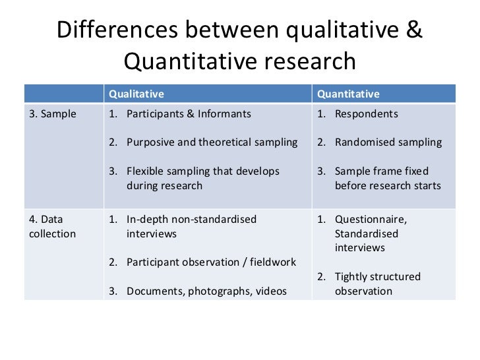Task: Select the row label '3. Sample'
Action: [x=53, y=113]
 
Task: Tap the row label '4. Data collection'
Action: [x=52, y=226]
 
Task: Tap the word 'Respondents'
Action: [x=366, y=113]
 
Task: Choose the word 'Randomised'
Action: [x=365, y=142]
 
